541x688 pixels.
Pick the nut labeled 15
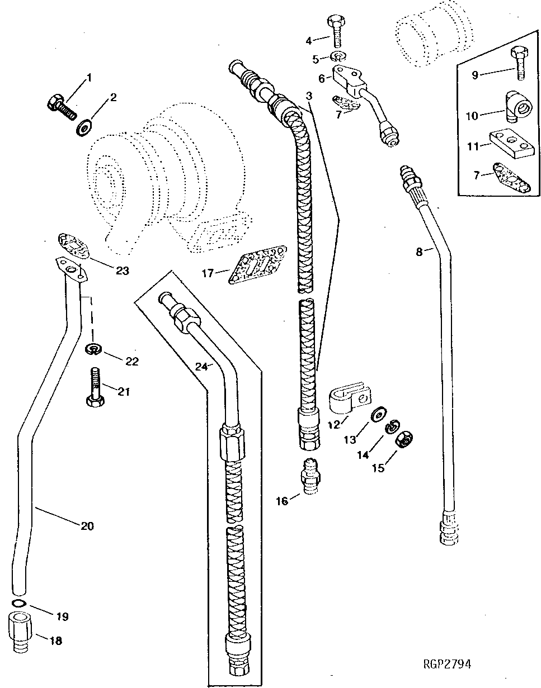404,440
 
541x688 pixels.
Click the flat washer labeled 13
378,414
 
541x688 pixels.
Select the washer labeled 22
92,350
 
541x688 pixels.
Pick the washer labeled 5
337,56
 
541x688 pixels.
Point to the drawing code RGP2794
447,664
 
